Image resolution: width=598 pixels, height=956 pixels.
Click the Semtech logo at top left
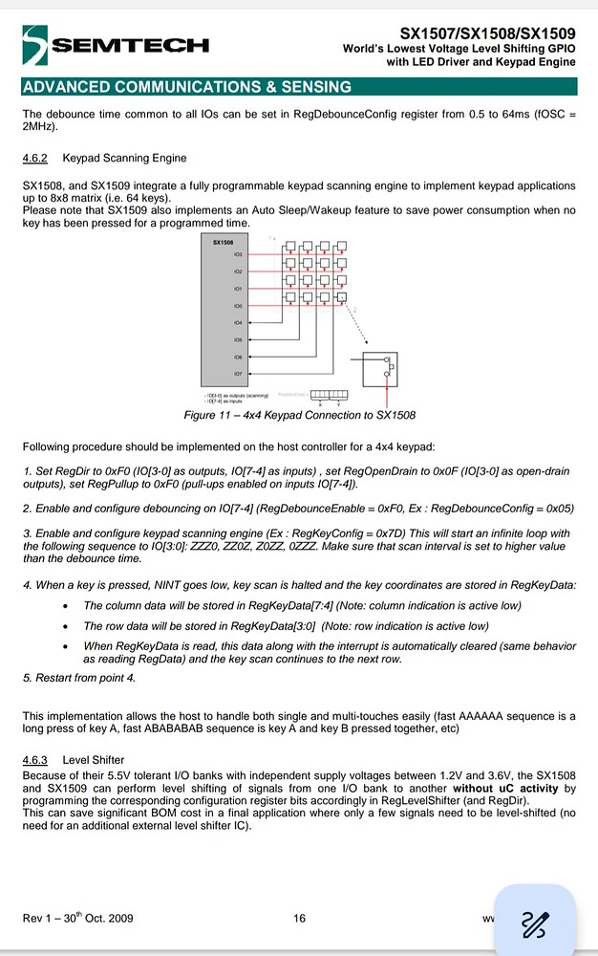(x=115, y=44)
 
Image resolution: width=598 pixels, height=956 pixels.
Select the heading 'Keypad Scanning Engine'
(x=125, y=158)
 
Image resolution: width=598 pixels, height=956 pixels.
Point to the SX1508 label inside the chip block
(x=222, y=243)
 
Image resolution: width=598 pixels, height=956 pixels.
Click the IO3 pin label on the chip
(x=237, y=254)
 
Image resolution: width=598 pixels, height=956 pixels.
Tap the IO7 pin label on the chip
(x=237, y=374)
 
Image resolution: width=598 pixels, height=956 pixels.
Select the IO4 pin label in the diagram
(x=237, y=322)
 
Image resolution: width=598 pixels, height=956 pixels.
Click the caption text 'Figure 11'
(x=208, y=415)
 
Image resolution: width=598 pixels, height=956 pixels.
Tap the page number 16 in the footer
(x=299, y=919)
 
